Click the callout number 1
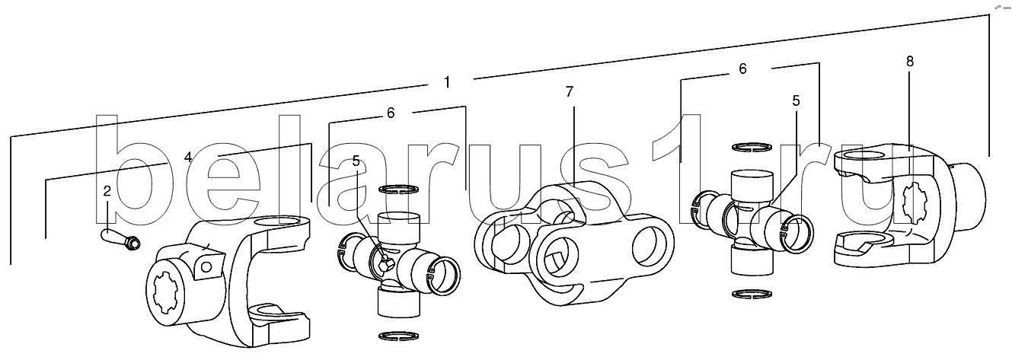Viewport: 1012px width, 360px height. click(448, 81)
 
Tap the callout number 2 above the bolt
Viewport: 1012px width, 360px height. click(107, 190)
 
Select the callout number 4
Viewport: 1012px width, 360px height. click(187, 158)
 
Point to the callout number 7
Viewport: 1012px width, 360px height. click(570, 91)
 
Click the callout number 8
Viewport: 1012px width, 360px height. click(909, 61)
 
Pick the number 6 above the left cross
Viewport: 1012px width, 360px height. click(391, 113)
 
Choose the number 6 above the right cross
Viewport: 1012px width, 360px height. click(742, 68)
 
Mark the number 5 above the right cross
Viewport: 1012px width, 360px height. click(796, 100)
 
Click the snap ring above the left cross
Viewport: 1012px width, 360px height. click(398, 190)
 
